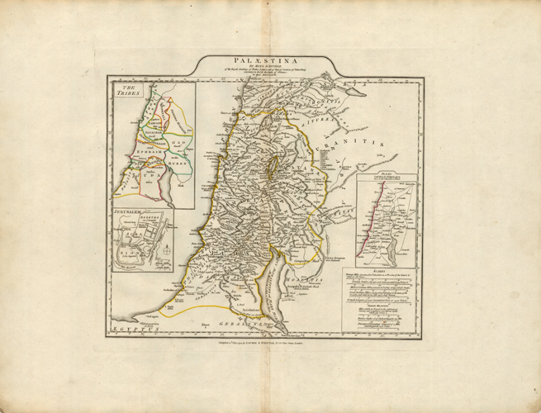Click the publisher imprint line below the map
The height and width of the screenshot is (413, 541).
[x=270, y=340]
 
